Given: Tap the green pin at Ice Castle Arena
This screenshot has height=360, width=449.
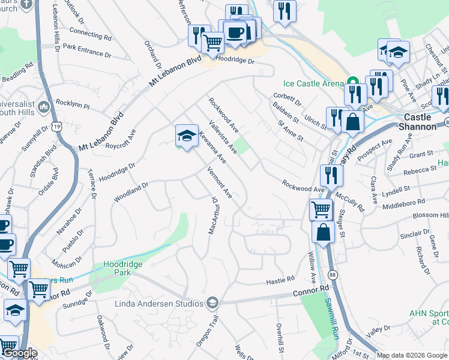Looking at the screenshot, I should coord(354,82).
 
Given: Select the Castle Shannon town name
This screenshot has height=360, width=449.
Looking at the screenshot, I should coord(426,118).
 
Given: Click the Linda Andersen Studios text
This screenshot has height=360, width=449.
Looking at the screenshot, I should coord(159,304).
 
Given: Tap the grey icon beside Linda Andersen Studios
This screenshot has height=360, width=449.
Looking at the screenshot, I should coord(211,303).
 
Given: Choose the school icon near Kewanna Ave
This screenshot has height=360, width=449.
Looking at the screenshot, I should coord(187,136).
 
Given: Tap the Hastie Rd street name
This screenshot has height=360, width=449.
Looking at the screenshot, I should coord(280,280).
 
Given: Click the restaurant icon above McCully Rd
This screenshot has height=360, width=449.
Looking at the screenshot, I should coord(331,175).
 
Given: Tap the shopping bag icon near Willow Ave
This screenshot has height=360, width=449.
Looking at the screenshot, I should coord(323,232).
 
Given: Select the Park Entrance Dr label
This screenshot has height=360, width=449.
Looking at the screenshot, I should coord(88,50).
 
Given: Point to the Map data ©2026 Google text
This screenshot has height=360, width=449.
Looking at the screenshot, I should coord(412,355).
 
